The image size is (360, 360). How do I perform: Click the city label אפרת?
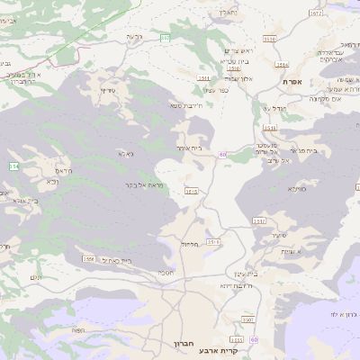(x=291, y=82)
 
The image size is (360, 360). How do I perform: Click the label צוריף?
(x=108, y=90)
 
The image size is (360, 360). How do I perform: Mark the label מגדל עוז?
(x=273, y=109)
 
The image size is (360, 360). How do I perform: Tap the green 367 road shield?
(x=166, y=37)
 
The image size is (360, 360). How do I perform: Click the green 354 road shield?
(x=13, y=166)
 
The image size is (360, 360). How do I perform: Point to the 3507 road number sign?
(x=247, y=319)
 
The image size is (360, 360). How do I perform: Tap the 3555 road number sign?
(x=237, y=339)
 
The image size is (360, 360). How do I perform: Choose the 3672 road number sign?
(x=315, y=13)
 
